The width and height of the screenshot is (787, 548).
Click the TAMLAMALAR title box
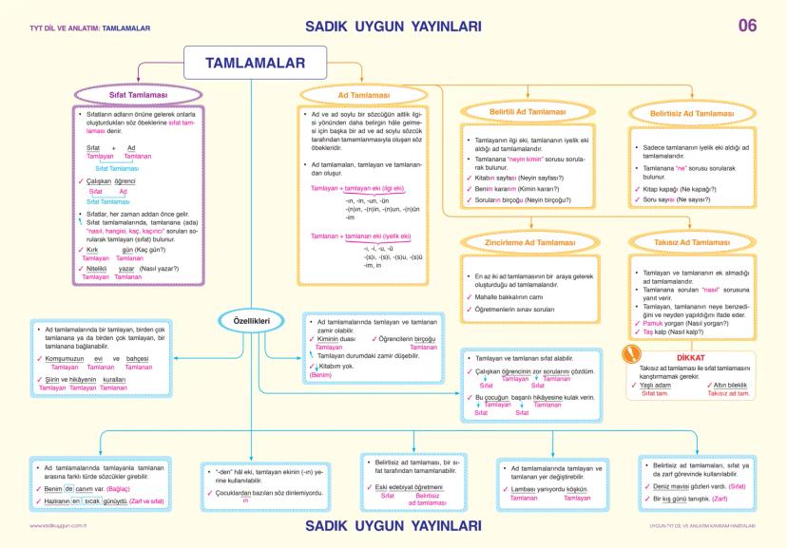click(255, 63)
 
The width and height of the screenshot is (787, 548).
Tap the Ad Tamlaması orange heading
click(363, 96)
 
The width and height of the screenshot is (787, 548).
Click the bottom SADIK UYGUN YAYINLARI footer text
click(393, 523)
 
